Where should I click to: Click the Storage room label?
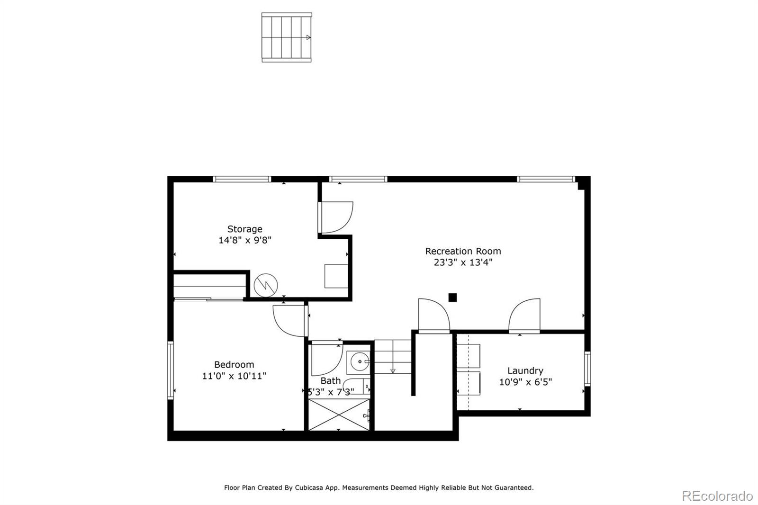244,229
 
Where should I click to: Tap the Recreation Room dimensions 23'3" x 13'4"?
463,262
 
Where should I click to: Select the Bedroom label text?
234,365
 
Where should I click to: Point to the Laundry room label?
525,371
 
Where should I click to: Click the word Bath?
330,381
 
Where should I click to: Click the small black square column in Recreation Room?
452,298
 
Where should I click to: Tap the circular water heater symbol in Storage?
266,285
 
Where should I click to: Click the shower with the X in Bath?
339,415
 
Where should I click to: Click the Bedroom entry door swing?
290,321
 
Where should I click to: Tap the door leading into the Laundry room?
524,316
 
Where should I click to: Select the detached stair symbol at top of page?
287,37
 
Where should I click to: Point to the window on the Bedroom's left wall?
170,370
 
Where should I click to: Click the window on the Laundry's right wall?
587,369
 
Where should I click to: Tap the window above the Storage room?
242,179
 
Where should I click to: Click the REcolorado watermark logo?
717,496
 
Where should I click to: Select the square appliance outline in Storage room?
336,276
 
